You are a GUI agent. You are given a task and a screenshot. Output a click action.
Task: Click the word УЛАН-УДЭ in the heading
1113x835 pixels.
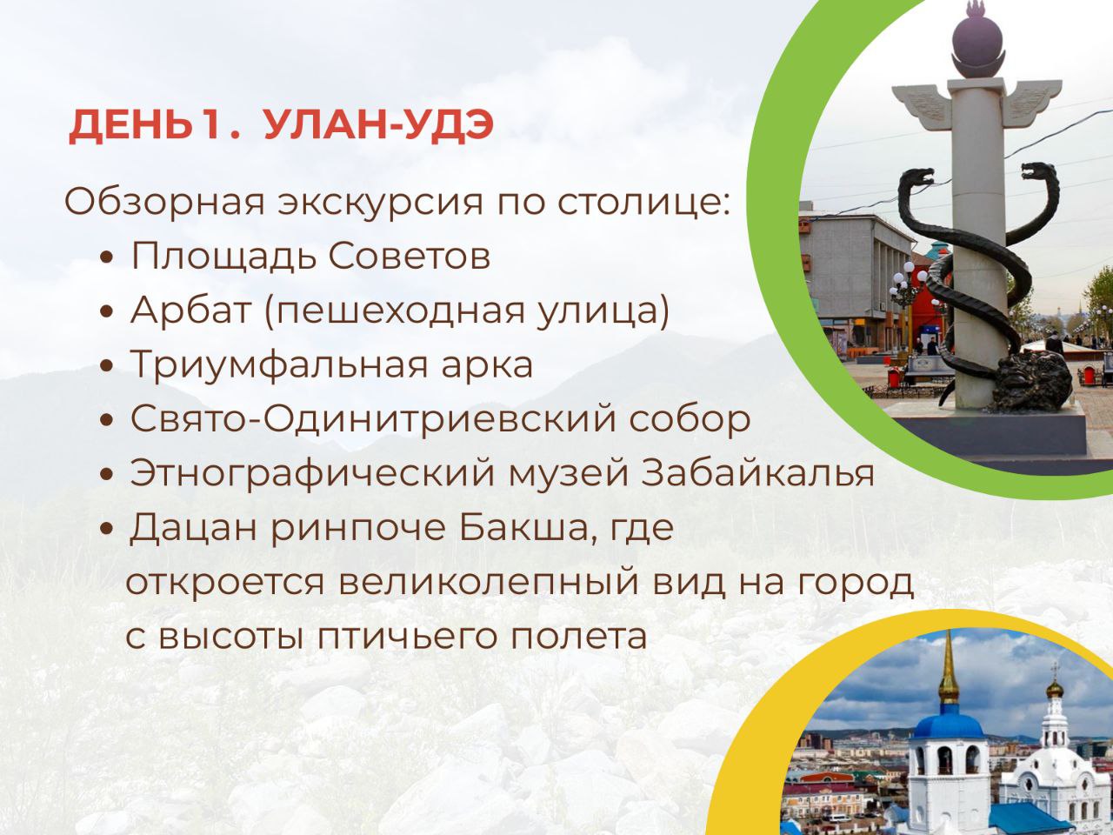378,126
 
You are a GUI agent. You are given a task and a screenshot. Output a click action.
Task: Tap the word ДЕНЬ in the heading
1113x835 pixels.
130,126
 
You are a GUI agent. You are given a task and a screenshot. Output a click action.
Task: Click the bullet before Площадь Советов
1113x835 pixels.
107,258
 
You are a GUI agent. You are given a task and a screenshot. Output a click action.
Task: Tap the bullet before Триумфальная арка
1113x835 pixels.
107,367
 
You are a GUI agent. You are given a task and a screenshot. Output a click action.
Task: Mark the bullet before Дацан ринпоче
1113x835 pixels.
107,530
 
